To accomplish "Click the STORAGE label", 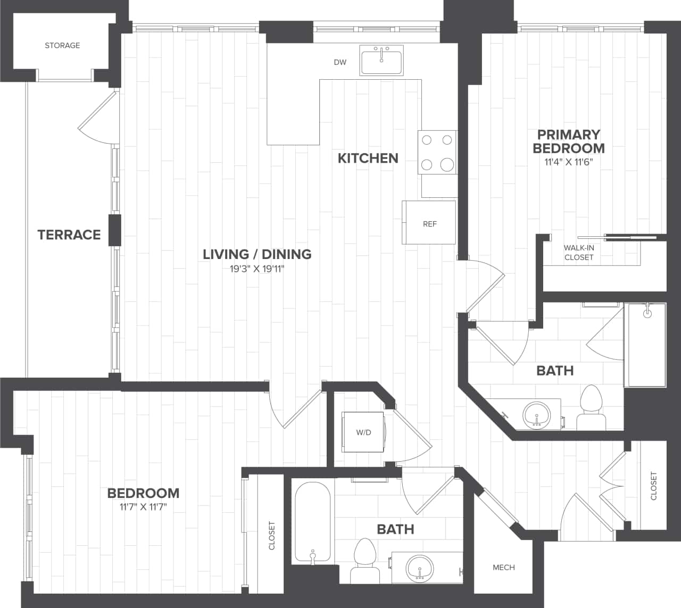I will coord(62,46).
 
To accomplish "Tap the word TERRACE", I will coord(69,235).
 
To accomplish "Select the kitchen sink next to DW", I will coord(381,60).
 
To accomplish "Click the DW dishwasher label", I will coord(340,62).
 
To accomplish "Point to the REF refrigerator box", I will coord(429,223).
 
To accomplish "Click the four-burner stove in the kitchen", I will coord(437,153).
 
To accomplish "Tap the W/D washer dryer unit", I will coord(363,432).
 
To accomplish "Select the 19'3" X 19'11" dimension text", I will coord(257,269).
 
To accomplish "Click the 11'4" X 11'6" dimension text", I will coord(568,162).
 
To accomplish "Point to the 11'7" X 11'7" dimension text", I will coord(144,507).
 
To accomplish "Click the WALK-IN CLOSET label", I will coord(579,253).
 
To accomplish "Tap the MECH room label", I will coord(503,568).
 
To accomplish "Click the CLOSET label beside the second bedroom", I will coord(272,535).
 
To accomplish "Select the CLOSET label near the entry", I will coord(654,486).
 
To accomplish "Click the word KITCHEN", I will coord(368,158).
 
